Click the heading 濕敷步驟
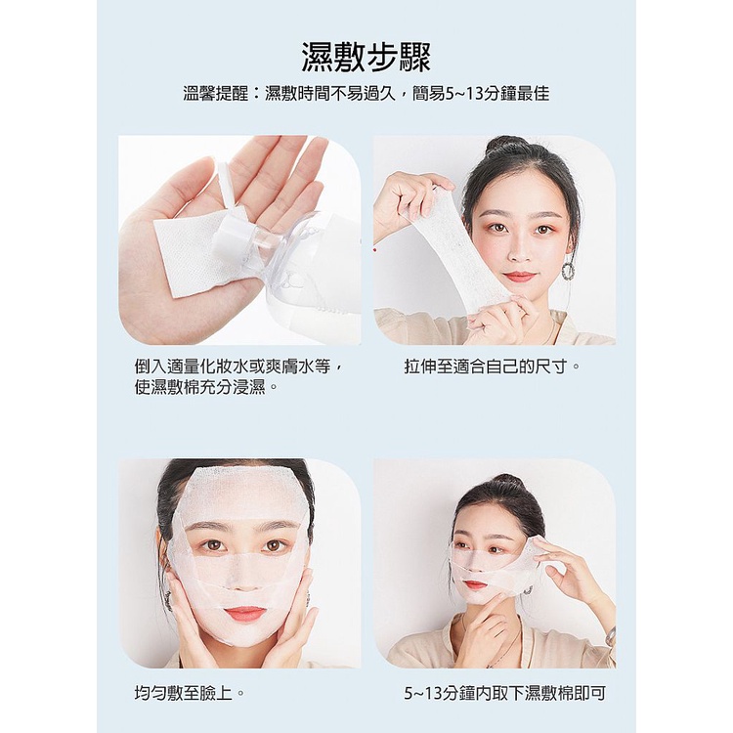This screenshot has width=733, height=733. (x=366, y=58)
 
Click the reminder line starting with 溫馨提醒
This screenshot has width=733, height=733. (x=366, y=94)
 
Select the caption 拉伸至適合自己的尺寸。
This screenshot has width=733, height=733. (x=492, y=366)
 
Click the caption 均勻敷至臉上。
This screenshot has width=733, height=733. (x=190, y=692)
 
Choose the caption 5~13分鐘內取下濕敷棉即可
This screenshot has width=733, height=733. (x=505, y=693)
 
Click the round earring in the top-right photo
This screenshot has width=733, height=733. (x=569, y=270)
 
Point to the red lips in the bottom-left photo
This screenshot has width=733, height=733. (x=239, y=614)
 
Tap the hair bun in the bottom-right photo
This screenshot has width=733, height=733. (x=504, y=483)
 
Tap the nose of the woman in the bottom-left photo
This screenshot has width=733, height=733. (x=241, y=579)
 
